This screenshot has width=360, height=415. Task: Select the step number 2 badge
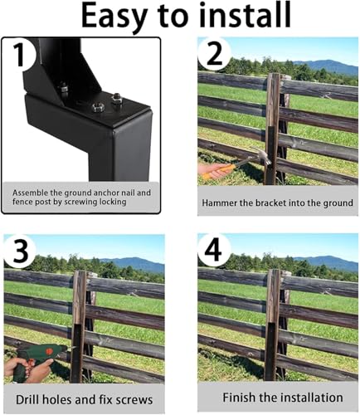pyautogui.click(x=215, y=53)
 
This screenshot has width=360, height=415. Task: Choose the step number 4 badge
pyautogui.click(x=215, y=250)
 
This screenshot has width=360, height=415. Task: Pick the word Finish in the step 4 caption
pyautogui.click(x=232, y=398)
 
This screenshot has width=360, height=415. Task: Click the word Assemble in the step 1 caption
pyautogui.click(x=34, y=192)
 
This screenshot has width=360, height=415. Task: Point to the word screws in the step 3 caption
pyautogui.click(x=134, y=400)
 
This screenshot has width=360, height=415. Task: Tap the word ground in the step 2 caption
pyautogui.click(x=333, y=203)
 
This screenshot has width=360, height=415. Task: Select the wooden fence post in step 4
pyautogui.click(x=272, y=324)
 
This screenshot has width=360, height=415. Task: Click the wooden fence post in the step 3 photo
pyautogui.click(x=79, y=324)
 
